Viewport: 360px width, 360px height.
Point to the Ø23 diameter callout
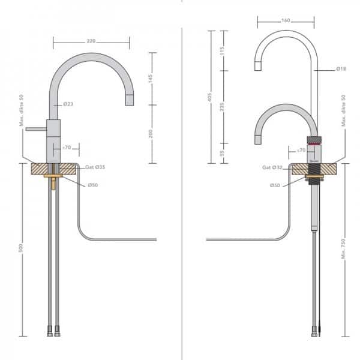point(68,104)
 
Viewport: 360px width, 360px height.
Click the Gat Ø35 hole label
point(95,166)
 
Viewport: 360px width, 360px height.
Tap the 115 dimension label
point(221,50)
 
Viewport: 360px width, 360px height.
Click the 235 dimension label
point(221,107)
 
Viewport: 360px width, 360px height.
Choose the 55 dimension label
point(221,154)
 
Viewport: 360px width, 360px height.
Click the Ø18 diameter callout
point(325,70)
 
